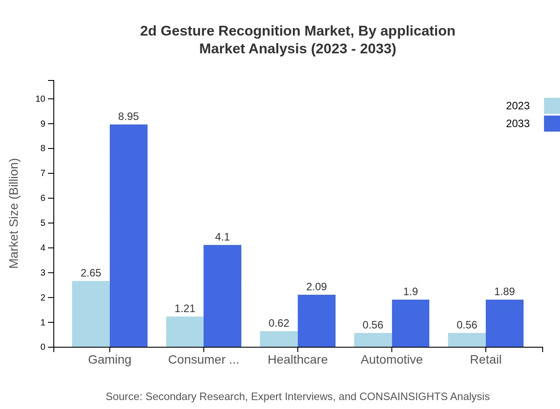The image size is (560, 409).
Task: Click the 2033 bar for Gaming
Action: click(x=128, y=236)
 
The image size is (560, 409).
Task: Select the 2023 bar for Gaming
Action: click(x=91, y=314)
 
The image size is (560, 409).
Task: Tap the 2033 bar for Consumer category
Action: click(x=222, y=296)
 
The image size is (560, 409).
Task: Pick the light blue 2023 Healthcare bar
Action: click(x=279, y=339)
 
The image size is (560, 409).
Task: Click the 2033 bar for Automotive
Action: click(x=410, y=323)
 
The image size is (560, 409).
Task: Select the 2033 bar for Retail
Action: click(x=504, y=323)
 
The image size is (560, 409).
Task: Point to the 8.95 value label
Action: click(x=128, y=116)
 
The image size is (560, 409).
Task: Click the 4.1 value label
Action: click(x=222, y=237)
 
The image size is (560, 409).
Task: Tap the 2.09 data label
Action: click(x=316, y=287)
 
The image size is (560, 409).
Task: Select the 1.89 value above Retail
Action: click(x=504, y=292)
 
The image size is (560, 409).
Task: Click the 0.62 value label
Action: click(x=279, y=323)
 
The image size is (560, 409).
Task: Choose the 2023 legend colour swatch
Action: click(x=552, y=106)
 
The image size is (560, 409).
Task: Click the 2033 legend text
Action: click(x=518, y=124)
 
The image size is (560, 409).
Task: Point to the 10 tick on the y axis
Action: click(x=40, y=99)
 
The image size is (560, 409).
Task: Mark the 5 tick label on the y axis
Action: click(x=43, y=223)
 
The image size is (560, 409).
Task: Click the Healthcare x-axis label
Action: click(x=297, y=359)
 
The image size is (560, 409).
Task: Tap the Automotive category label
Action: click(x=392, y=359)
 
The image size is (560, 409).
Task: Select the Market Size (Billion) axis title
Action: click(x=14, y=213)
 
